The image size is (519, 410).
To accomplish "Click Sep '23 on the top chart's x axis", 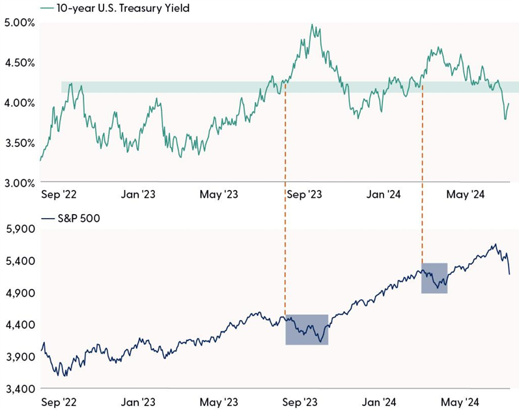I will [x=305, y=194].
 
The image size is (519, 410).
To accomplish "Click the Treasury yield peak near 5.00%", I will [x=313, y=25].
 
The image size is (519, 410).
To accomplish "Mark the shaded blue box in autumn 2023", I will [x=307, y=329].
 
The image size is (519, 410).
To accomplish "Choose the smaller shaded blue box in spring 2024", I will [x=434, y=278].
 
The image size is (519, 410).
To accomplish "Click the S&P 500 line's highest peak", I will [x=496, y=245].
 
